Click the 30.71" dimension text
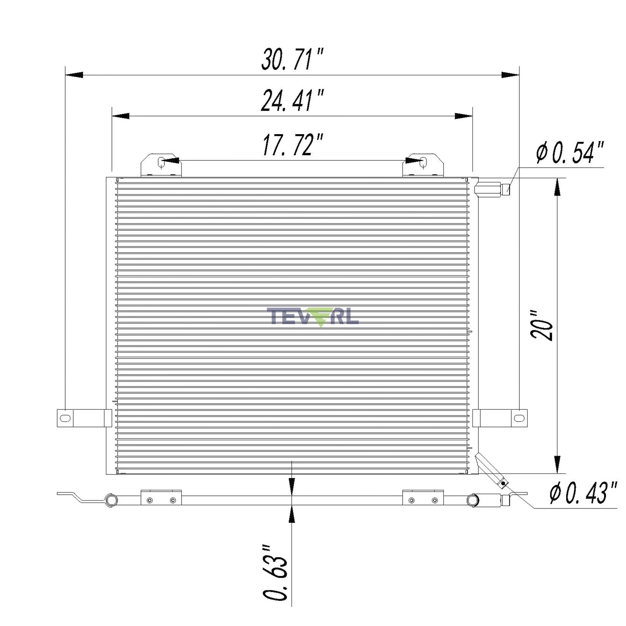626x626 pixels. (293, 59)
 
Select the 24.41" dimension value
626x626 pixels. (293, 100)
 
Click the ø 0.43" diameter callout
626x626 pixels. (583, 493)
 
